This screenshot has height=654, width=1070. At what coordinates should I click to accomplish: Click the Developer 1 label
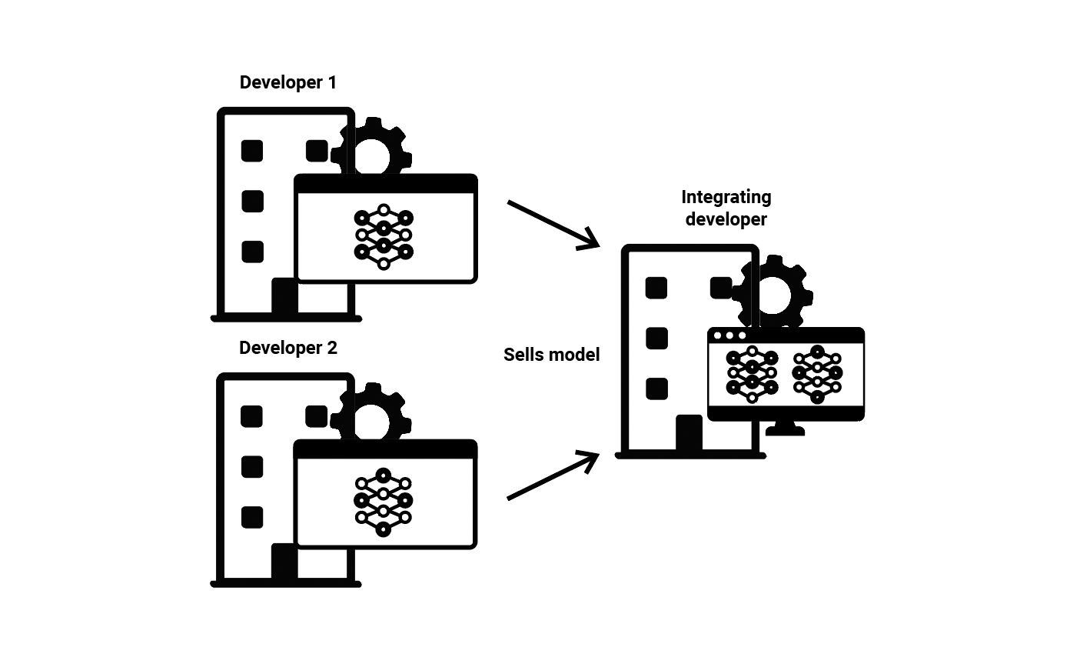click(288, 82)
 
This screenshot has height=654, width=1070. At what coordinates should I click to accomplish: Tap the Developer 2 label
click(288, 348)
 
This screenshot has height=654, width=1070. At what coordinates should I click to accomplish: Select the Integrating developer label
click(726, 208)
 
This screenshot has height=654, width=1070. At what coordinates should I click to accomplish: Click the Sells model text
click(551, 355)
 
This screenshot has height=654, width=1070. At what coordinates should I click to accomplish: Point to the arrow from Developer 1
click(553, 225)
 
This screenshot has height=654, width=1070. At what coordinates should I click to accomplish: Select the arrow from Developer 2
click(553, 475)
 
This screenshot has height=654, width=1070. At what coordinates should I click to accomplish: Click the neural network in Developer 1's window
click(384, 237)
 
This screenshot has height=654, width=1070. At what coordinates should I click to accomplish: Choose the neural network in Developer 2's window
click(383, 502)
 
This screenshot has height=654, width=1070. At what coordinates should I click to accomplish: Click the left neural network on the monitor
click(752, 374)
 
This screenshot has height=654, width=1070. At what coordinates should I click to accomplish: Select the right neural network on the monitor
click(817, 374)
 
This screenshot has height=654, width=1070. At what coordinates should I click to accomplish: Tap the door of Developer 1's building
click(284, 295)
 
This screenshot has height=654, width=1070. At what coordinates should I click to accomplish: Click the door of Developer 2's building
click(284, 561)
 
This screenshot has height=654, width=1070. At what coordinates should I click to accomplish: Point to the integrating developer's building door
click(689, 432)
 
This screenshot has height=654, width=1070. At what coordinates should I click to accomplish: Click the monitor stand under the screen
click(786, 429)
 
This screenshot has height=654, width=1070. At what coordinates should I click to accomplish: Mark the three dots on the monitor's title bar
click(729, 335)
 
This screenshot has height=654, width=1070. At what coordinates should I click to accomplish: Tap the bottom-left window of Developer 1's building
click(253, 252)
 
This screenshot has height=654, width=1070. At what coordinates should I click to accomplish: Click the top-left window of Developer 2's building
click(251, 416)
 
